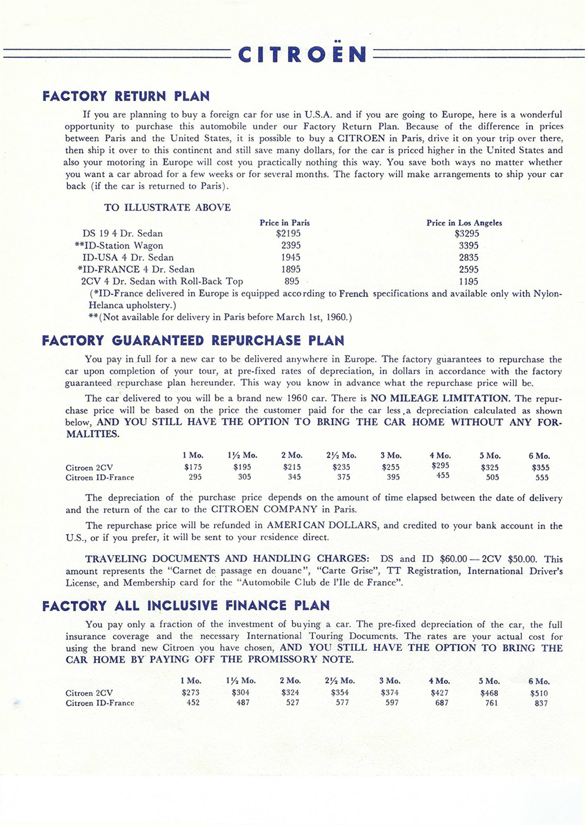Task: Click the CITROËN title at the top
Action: click(x=302, y=54)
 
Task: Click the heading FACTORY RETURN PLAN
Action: click(x=126, y=96)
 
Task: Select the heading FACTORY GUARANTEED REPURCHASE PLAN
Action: click(x=193, y=340)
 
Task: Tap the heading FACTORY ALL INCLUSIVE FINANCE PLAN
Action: click(x=186, y=605)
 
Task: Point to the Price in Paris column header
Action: click(x=285, y=223)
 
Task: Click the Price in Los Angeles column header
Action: click(x=464, y=223)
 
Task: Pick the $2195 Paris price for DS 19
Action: click(x=288, y=233)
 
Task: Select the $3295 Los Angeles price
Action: click(x=467, y=233)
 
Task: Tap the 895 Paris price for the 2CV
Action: click(x=292, y=281)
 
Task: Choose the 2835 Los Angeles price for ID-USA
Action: click(x=469, y=257)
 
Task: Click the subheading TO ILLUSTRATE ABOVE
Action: click(x=167, y=208)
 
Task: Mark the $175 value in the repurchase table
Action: click(x=192, y=467)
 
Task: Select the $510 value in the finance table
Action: click(x=539, y=693)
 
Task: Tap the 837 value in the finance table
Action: click(x=541, y=703)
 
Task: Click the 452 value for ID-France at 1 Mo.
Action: click(x=193, y=702)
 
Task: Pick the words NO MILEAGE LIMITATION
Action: click(x=440, y=398)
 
